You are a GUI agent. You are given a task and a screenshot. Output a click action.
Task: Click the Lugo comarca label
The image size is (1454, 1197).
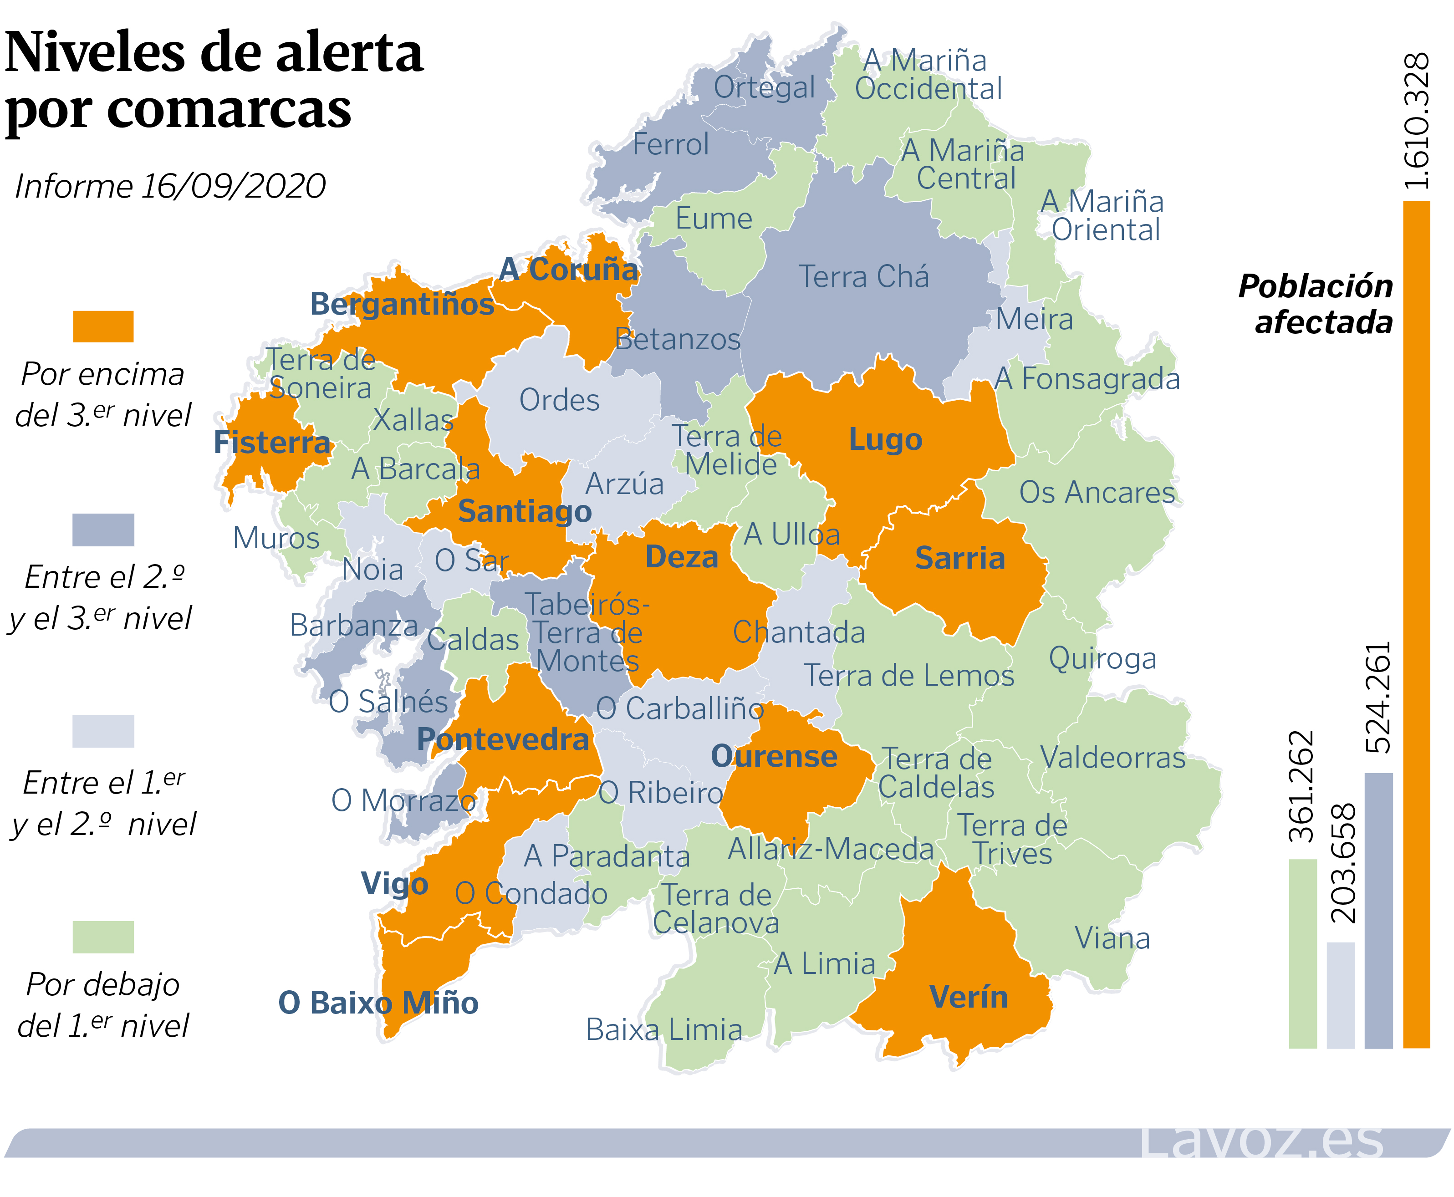tap(885, 439)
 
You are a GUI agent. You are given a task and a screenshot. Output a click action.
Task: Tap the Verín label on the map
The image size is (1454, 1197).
tap(968, 997)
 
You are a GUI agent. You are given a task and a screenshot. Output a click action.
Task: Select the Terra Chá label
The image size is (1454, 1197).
tap(864, 276)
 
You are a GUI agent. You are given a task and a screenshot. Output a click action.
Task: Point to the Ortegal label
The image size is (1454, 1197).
tap(764, 87)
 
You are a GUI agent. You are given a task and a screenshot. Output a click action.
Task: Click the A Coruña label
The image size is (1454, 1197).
tap(569, 270)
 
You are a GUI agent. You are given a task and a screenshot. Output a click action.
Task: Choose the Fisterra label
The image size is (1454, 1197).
tap(272, 443)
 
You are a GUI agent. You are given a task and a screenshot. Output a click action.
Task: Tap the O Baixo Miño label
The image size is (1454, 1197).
tap(378, 1003)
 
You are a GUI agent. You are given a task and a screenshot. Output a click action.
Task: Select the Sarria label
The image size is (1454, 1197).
tap(959, 558)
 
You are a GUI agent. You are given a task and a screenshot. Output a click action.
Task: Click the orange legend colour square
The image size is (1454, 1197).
tap(103, 326)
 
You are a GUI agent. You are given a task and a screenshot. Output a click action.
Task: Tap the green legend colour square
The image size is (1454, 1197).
tap(103, 937)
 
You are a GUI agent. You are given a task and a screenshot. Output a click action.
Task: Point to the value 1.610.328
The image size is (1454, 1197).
tap(1417, 121)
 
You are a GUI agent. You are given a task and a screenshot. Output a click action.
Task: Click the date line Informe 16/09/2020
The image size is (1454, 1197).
tap(170, 186)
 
